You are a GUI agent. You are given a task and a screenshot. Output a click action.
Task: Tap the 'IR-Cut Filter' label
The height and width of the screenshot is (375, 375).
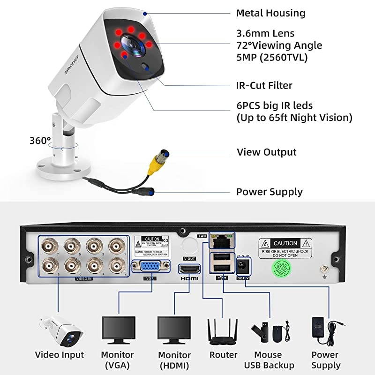pyautogui.click(x=264, y=85)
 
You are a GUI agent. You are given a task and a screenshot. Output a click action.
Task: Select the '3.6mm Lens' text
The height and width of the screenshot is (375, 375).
pyautogui.click(x=265, y=33)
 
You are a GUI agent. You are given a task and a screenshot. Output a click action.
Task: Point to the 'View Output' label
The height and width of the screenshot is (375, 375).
pyautogui.click(x=266, y=152)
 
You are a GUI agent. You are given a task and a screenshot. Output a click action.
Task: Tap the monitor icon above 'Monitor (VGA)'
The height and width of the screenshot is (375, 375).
pyautogui.click(x=118, y=330)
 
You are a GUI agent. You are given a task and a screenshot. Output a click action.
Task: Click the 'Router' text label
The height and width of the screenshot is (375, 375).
pyautogui.click(x=223, y=355)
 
